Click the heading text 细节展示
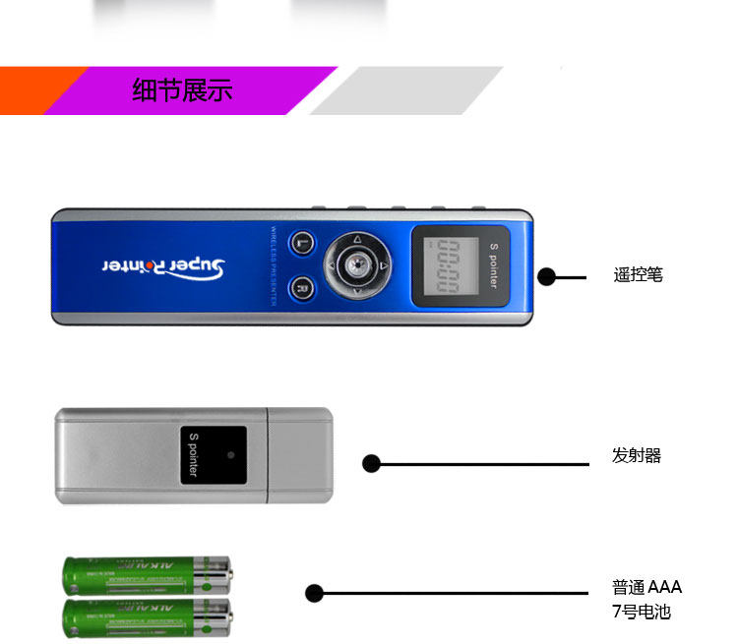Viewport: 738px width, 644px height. coord(182,91)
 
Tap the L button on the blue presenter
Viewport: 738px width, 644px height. coord(303,244)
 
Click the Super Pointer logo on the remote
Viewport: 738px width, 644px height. coord(164,266)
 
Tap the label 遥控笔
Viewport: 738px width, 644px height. coord(638,275)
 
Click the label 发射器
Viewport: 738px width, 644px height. coord(637,456)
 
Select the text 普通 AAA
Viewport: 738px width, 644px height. coord(646,588)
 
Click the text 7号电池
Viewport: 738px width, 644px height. coord(641,612)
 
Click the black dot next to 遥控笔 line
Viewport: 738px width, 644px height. coord(547,277)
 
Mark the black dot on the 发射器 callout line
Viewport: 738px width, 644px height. coord(371,463)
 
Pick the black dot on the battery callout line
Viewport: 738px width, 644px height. coord(314,593)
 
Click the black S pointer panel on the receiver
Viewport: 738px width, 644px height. coord(215,455)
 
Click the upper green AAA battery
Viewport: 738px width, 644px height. coord(148,573)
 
